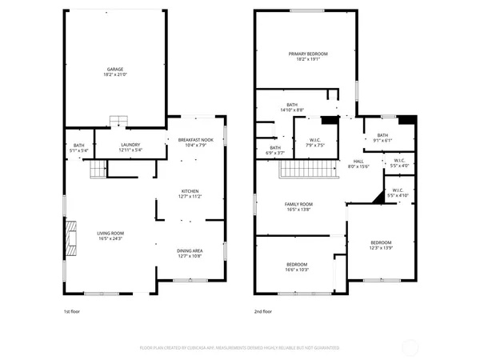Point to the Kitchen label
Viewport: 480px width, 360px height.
(190, 193)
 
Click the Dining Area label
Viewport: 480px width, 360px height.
(190, 254)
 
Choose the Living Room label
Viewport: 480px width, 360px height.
(111, 235)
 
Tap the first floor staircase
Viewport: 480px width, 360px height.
(97, 169)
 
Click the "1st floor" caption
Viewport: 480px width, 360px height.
(72, 311)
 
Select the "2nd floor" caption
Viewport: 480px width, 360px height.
(263, 311)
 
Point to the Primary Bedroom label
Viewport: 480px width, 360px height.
(308, 56)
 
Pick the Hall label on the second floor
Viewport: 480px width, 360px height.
(358, 163)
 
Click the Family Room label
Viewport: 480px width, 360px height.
(299, 206)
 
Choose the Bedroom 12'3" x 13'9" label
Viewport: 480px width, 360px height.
(381, 245)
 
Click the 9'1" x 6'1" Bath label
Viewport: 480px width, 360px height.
(382, 138)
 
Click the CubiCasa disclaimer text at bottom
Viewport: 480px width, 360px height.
(240, 348)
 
